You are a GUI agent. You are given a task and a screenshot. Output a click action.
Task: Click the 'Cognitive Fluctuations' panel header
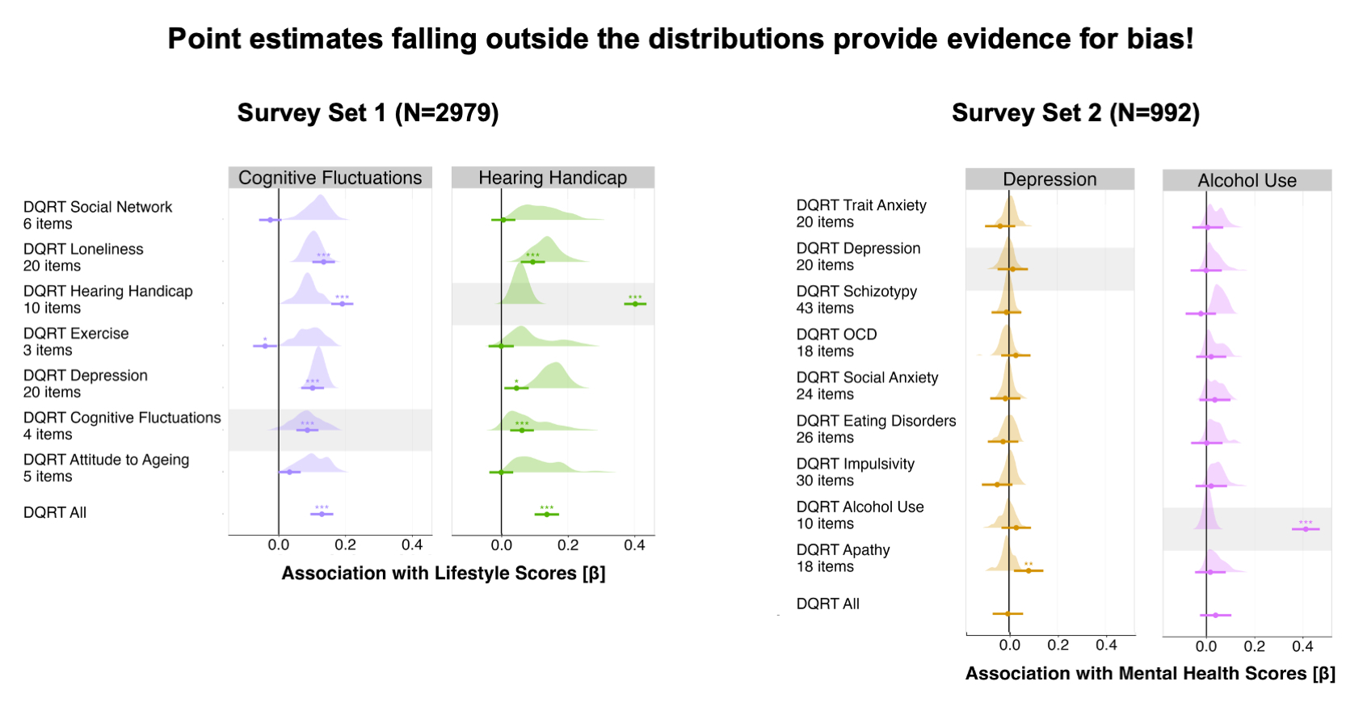(x=330, y=178)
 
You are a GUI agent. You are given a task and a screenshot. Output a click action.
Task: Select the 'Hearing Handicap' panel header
(x=553, y=178)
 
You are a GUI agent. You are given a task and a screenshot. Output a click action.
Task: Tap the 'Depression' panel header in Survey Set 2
(x=1050, y=179)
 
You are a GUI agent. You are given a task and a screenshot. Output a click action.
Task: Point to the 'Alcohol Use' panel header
(x=1247, y=181)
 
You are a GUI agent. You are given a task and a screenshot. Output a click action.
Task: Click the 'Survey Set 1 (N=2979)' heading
(x=368, y=112)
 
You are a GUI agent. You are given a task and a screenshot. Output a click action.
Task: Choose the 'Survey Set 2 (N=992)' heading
(x=1075, y=112)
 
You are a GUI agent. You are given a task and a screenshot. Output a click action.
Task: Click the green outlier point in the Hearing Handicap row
(x=635, y=304)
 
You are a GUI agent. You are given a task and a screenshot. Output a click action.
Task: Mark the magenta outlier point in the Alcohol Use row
(x=1306, y=528)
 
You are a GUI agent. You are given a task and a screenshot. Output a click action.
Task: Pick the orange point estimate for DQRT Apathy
(x=1029, y=570)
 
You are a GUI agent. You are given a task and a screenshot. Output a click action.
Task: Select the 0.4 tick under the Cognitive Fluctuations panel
(x=412, y=545)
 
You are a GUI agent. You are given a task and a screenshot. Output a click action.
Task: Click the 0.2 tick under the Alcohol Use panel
(x=1254, y=646)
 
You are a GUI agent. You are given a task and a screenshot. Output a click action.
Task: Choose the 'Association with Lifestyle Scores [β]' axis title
(x=443, y=574)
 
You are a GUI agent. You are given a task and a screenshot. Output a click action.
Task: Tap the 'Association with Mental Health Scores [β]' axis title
(x=1150, y=674)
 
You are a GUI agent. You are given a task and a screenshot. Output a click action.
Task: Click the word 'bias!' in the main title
(x=1159, y=39)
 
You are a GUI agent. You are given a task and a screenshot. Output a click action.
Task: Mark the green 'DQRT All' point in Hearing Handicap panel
(x=547, y=514)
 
